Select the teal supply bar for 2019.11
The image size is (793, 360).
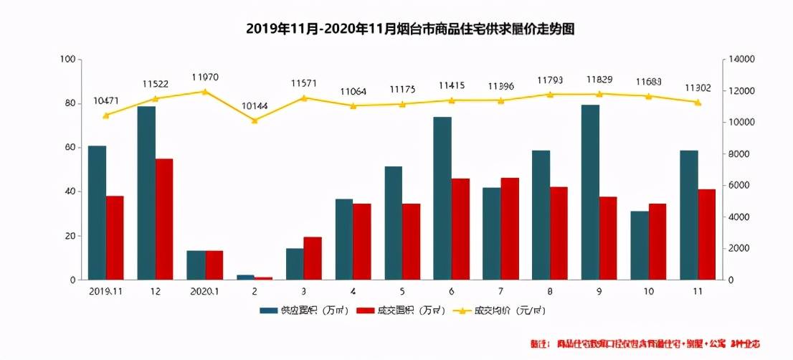click(97, 212)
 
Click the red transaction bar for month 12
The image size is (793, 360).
click(164, 219)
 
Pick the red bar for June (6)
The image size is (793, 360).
click(460, 229)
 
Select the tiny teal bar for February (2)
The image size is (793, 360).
click(245, 277)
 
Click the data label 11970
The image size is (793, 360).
click(205, 77)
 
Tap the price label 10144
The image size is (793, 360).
click(254, 106)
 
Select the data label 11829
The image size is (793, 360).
click(599, 79)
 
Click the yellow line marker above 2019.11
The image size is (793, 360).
click(106, 115)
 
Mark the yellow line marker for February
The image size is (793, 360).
click(254, 120)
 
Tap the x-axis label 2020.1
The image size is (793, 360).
click(205, 292)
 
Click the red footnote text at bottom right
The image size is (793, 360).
click(645, 344)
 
